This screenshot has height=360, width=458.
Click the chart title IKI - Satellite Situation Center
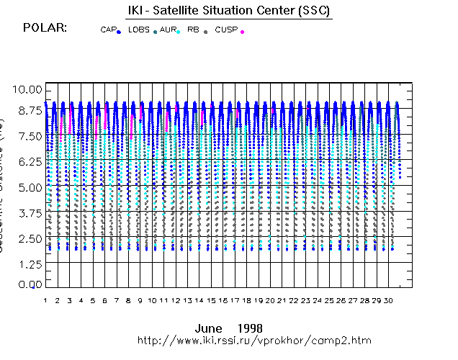tap(228, 9)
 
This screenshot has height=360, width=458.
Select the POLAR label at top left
tap(45, 27)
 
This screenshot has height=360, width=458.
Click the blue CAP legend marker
tap(119, 32)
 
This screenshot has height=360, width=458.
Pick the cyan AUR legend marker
tap(178, 32)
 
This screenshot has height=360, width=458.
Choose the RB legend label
tap(193, 30)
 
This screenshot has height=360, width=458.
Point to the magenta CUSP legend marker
tap(242, 32)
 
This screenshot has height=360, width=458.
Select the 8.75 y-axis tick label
tap(29, 112)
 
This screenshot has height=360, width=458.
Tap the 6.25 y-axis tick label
tap(29, 162)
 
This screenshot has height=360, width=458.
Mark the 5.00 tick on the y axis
tap(29, 188)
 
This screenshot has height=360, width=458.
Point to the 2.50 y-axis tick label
tap(29, 238)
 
